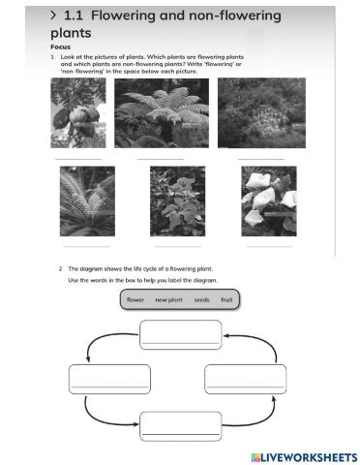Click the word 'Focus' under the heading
click(61, 46)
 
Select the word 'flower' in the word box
click(135, 300)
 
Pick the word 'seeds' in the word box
click(201, 300)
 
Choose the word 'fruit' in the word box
click(227, 300)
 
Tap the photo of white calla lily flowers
click(267, 201)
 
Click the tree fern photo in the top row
click(161, 112)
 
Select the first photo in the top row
click(78, 112)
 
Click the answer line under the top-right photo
click(260, 158)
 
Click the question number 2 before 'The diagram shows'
click(60, 268)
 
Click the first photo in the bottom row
click(87, 201)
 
